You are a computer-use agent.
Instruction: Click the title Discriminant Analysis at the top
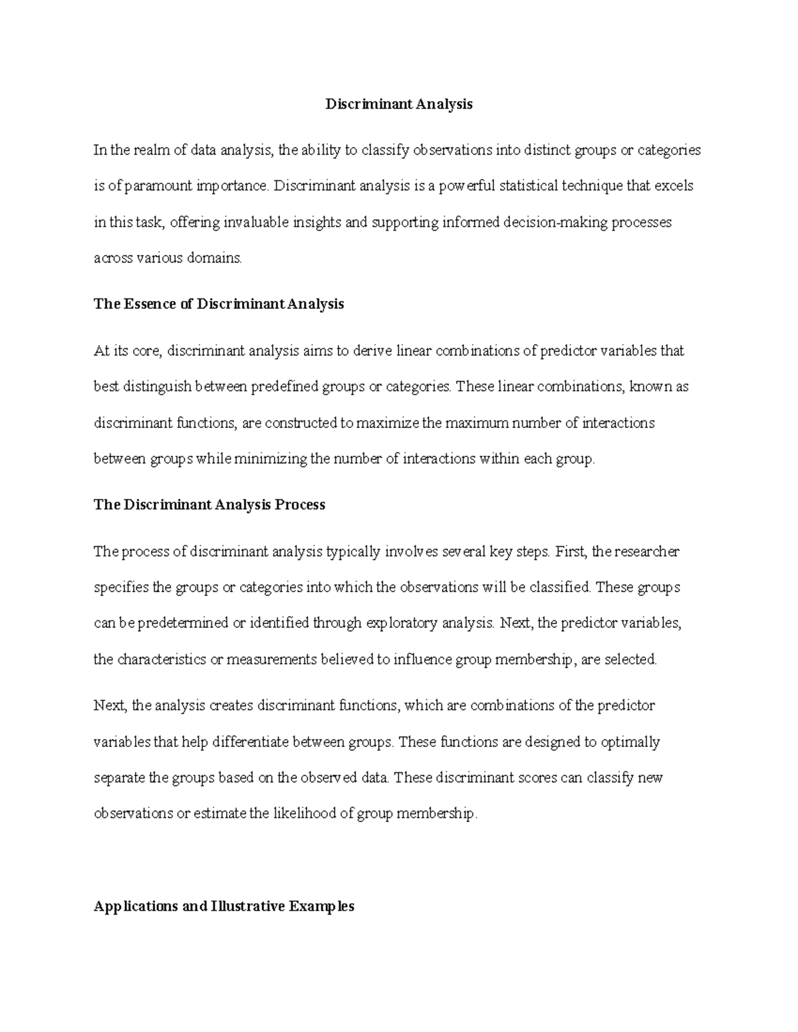(x=398, y=104)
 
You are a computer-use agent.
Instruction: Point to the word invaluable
(x=254, y=222)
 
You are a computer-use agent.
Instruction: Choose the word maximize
(x=388, y=423)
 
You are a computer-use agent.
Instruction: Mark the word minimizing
(x=270, y=459)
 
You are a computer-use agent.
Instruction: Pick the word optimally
(x=630, y=742)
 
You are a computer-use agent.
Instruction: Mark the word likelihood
(x=303, y=813)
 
